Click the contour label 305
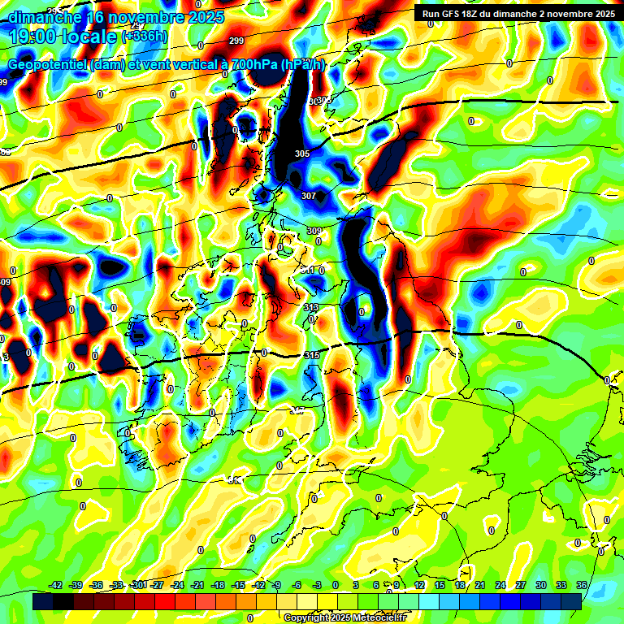tap(302, 154)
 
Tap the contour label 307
tap(309, 196)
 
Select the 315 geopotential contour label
tap(312, 355)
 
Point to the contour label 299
tap(236, 41)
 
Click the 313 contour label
tap(310, 307)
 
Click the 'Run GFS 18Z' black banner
tap(518, 13)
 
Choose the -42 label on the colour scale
tap(56, 585)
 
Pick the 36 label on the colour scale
tap(582, 585)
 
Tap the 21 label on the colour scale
tap(480, 585)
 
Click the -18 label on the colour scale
tap(218, 585)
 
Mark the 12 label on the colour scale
tap(419, 585)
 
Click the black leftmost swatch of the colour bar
tap(42, 601)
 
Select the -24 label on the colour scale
tap(177, 585)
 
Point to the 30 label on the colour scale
tap(541, 585)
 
